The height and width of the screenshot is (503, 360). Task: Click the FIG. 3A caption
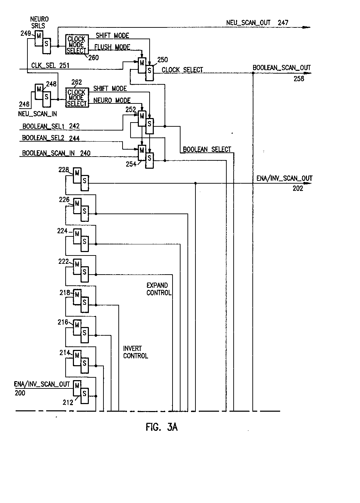[x=161, y=427]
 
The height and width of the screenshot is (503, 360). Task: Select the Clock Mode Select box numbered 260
[x=76, y=44]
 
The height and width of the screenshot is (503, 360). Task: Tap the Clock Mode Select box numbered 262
[x=76, y=98]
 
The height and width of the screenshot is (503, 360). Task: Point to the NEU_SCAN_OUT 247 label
[x=257, y=23]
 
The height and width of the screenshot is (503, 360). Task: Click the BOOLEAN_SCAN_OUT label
[x=282, y=68]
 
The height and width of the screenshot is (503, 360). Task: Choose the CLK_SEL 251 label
[x=50, y=65]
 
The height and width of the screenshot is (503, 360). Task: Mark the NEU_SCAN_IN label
[x=37, y=113]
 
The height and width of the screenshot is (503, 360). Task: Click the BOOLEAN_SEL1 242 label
[x=51, y=126]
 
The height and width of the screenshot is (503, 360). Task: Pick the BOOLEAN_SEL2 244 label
[x=51, y=138]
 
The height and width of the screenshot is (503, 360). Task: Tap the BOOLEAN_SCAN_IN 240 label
[x=56, y=153]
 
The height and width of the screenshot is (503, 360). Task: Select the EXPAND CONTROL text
[x=159, y=289]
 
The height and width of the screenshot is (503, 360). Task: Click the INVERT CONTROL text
[x=135, y=352]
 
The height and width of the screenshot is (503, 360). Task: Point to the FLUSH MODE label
[x=113, y=47]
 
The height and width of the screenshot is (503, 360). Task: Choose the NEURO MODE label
[x=112, y=100]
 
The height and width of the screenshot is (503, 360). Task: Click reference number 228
[x=63, y=170]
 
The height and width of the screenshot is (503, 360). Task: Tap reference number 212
[x=68, y=402]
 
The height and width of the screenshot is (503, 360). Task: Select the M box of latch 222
[x=77, y=265]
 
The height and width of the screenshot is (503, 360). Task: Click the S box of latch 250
[x=150, y=70]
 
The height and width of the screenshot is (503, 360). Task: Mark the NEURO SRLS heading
[x=40, y=22]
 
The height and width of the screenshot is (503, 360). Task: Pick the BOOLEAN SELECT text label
[x=207, y=149]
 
